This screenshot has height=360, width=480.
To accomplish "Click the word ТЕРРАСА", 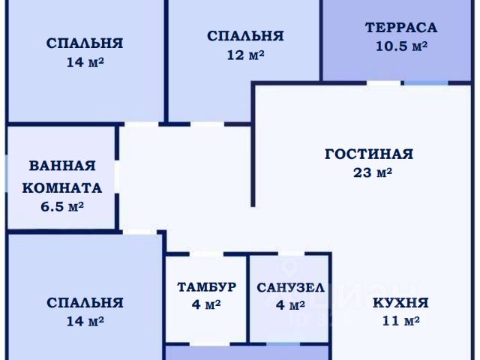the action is pyautogui.click(x=400, y=28).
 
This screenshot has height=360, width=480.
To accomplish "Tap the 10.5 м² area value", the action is pyautogui.click(x=400, y=46).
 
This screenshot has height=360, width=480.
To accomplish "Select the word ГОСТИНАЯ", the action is pyautogui.click(x=369, y=154).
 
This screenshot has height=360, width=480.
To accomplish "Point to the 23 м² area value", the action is pyautogui.click(x=373, y=172).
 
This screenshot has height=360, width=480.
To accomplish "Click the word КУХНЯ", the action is pyautogui.click(x=400, y=304).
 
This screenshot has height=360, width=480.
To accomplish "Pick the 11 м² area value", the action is pyautogui.click(x=400, y=322).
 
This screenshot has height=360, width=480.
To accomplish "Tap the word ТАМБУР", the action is pyautogui.click(x=206, y=287).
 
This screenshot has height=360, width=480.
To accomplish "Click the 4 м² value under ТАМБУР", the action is pyautogui.click(x=206, y=305).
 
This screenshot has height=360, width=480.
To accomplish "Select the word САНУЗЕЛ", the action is pyautogui.click(x=290, y=287).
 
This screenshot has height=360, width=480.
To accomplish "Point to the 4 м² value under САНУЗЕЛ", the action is pyautogui.click(x=290, y=305).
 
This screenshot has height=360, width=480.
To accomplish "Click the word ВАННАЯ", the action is pyautogui.click(x=62, y=166).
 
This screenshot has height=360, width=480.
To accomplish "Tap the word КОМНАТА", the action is pyautogui.click(x=62, y=187).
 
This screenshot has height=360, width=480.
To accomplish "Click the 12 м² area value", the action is pyautogui.click(x=245, y=54).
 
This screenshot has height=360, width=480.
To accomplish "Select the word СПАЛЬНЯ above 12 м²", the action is pyautogui.click(x=245, y=35).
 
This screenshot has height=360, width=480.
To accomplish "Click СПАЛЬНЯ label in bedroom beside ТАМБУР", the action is pyautogui.click(x=85, y=303).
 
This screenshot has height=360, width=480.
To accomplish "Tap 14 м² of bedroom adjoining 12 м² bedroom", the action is pyautogui.click(x=85, y=62).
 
